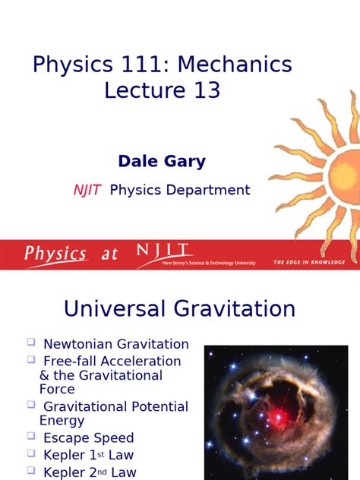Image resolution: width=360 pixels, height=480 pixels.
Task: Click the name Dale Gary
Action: (x=162, y=162)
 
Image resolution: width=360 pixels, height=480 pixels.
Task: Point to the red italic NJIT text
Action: (x=87, y=190)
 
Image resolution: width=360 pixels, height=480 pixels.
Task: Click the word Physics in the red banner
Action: (x=55, y=254)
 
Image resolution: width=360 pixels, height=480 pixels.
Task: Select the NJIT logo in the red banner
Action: (x=164, y=251)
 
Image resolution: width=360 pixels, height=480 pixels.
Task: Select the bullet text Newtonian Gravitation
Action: (x=116, y=345)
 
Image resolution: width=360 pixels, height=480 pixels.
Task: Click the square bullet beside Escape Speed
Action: (x=31, y=436)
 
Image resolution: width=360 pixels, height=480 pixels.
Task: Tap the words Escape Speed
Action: (x=89, y=438)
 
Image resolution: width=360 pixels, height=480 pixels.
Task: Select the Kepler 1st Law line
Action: (x=89, y=454)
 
